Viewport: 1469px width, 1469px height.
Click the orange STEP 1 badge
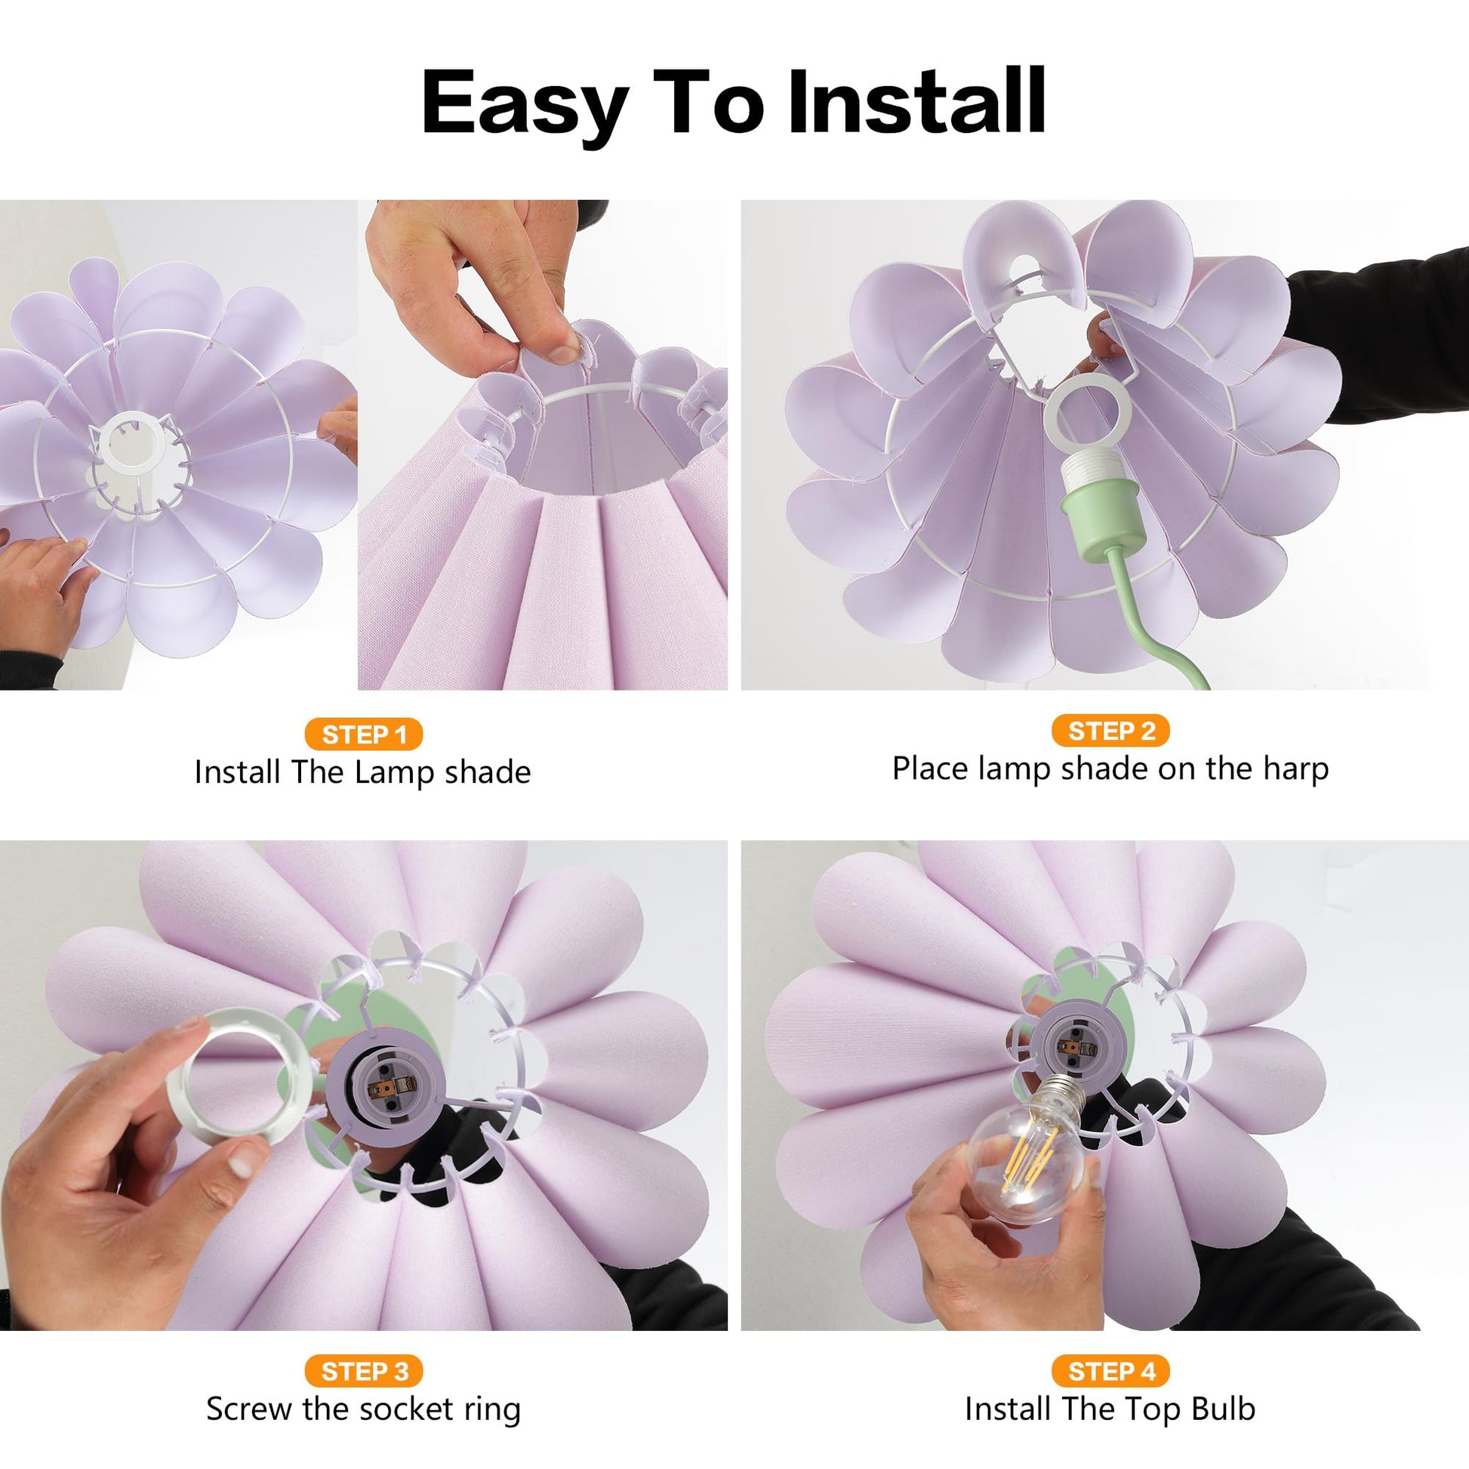tap(363, 734)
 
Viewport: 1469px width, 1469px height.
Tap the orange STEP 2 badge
tap(1111, 731)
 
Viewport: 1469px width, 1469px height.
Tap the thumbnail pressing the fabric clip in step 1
tap(562, 352)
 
